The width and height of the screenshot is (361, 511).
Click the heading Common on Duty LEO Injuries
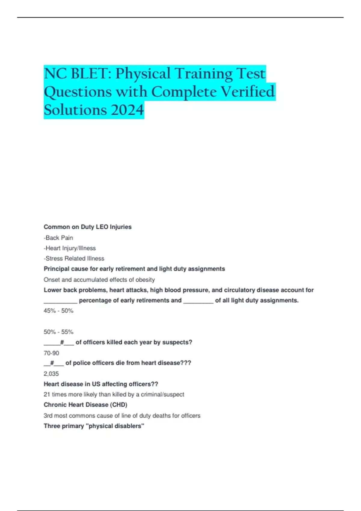pos(88,227)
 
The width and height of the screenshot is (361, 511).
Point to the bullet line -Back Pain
pos(58,238)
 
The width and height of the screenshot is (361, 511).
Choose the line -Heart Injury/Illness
pos(70,248)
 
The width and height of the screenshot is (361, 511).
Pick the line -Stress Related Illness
pos(74,259)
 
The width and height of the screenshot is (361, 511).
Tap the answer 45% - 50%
pos(58,311)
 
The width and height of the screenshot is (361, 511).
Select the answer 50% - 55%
pos(58,332)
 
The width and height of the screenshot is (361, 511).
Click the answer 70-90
pos(51,353)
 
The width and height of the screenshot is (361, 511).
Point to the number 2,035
pos(51,374)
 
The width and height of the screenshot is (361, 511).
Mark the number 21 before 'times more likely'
pos(47,394)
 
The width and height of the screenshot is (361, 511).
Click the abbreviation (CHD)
pos(119,405)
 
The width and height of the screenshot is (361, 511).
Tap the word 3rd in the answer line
pos(48,416)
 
